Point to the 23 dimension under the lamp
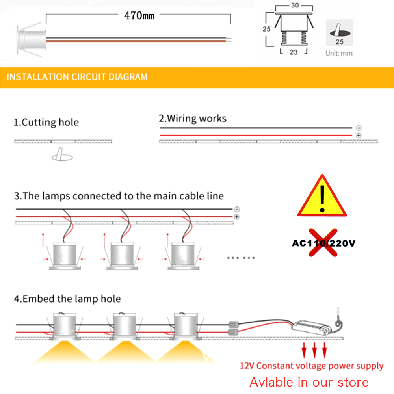pos(294,52)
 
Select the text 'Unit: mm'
pos(339,53)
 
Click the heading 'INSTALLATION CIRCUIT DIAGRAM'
pos(77,77)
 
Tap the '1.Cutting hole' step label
pos(46,122)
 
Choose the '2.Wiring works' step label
pos(193,118)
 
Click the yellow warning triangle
pos(322,197)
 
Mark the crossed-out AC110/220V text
pos(323,243)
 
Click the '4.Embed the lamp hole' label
pos(67,299)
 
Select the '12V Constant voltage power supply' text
pos(312,366)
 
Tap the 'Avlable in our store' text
pos(309,382)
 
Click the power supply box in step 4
pos(311,326)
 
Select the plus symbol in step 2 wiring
pos(359,136)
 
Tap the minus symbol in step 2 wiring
pos(359,128)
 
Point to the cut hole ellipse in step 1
pos(63,157)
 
